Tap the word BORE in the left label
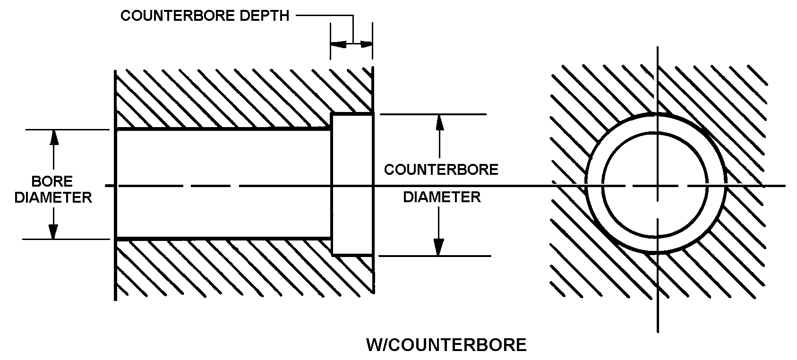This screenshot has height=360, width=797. (x=52, y=181)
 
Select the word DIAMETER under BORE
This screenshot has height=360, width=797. (x=53, y=197)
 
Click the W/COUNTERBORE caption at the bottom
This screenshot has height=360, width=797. (x=446, y=345)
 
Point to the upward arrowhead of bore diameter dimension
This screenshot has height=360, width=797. (x=53, y=137)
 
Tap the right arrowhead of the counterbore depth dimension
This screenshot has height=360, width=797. (x=366, y=44)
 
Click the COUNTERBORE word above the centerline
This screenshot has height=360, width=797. (x=441, y=170)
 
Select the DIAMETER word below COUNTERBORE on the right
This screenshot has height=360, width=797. (x=442, y=197)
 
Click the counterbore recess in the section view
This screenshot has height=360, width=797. (x=352, y=156)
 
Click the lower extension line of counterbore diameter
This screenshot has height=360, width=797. (x=435, y=256)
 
